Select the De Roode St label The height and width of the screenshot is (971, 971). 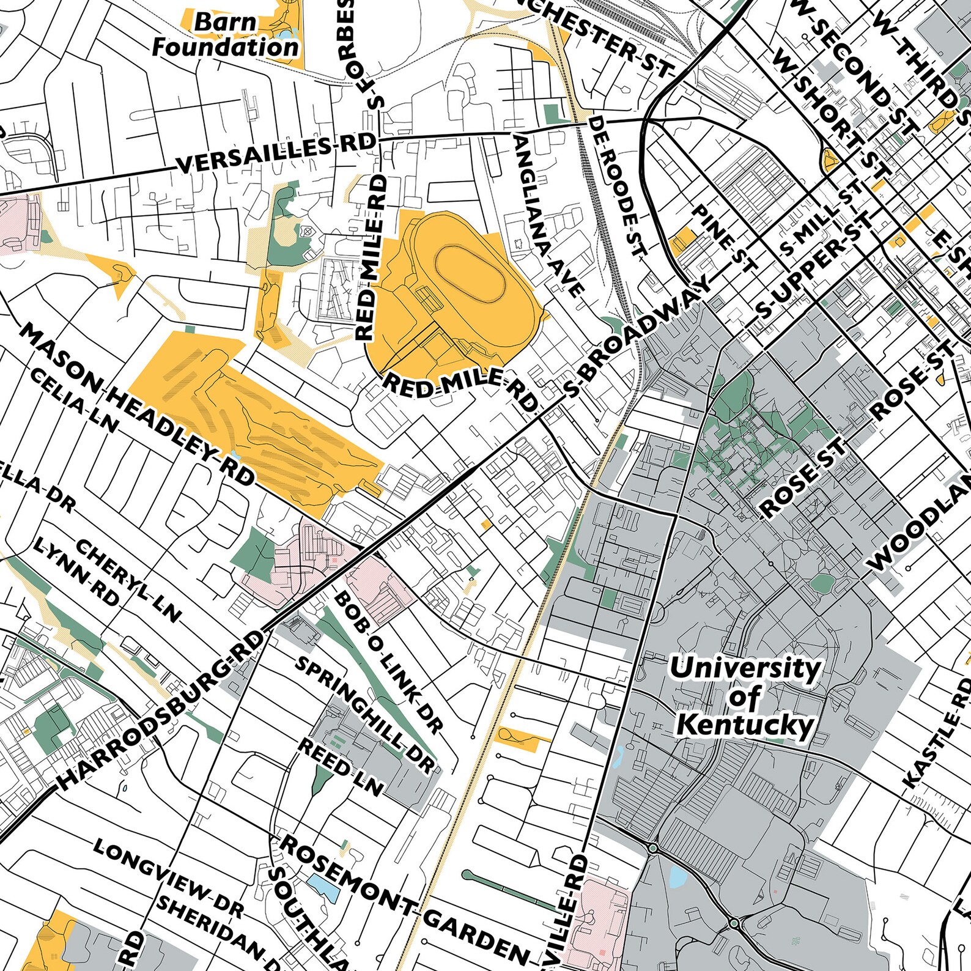(x=618, y=186)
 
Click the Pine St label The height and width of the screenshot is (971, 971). (x=723, y=238)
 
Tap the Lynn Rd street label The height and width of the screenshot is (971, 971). (x=76, y=571)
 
